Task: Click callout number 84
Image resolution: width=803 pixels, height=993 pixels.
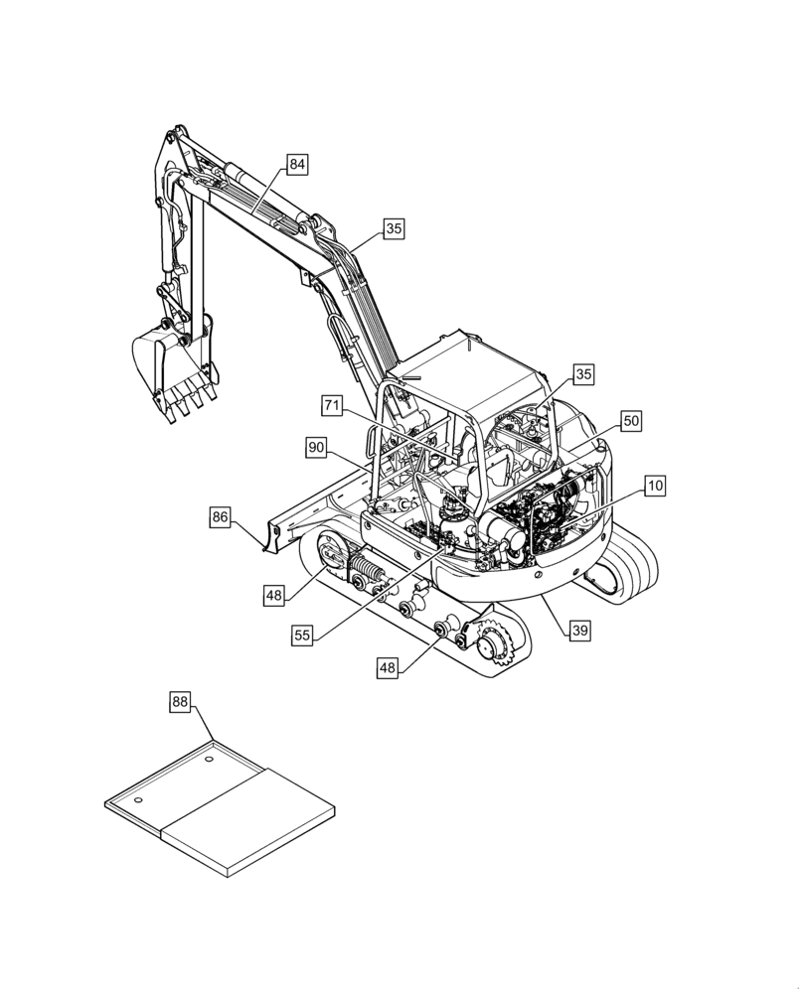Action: tap(297, 165)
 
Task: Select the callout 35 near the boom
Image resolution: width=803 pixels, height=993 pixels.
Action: tap(394, 229)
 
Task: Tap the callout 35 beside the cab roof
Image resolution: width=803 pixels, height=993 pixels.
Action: tap(583, 374)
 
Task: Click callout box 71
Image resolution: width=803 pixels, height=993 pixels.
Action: tap(332, 405)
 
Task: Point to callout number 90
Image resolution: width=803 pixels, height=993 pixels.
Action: tap(316, 449)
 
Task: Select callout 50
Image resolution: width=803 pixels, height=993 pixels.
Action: tap(631, 421)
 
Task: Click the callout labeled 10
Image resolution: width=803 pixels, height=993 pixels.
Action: tap(654, 486)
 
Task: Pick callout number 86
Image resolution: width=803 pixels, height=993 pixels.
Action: tap(221, 516)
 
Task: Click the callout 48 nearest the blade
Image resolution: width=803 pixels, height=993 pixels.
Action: tap(275, 595)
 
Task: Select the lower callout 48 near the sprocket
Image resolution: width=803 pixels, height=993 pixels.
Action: tap(388, 669)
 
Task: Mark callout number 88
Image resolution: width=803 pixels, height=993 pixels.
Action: tap(178, 702)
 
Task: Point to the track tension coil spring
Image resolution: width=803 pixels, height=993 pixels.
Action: tap(365, 574)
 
